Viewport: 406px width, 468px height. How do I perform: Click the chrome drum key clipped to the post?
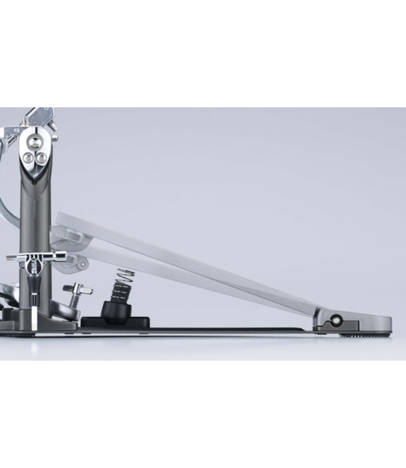[x=37, y=256]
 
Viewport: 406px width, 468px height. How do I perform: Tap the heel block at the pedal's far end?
[x=359, y=323]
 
